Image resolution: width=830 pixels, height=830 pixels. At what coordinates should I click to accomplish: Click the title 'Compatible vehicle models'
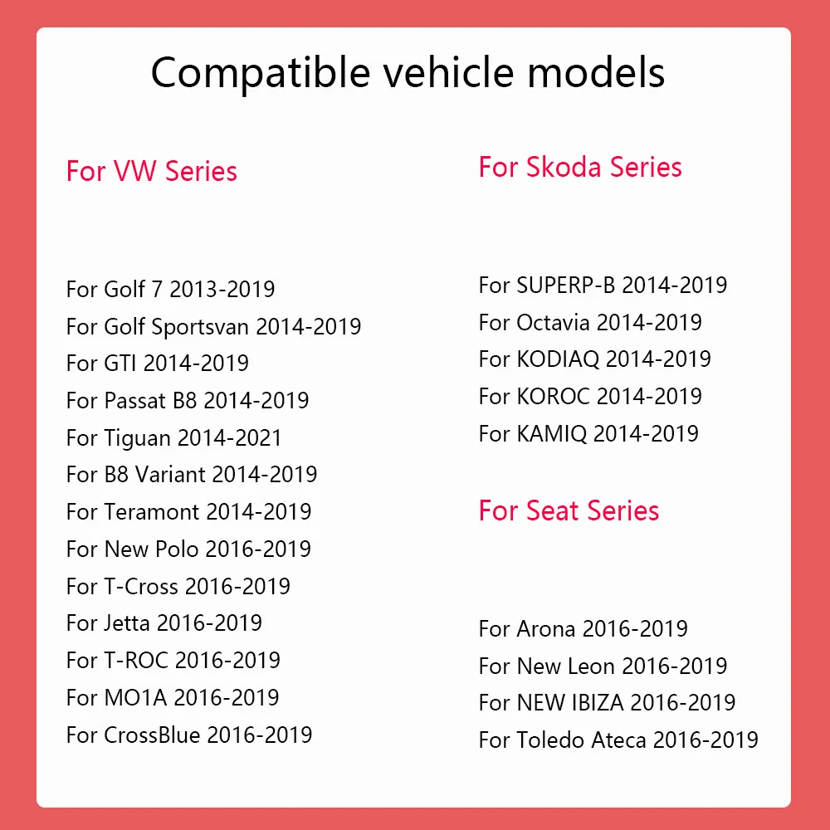[408, 73]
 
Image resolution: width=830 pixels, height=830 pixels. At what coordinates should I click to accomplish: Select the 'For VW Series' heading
[151, 171]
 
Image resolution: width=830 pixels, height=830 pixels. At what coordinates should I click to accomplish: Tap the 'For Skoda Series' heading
[580, 168]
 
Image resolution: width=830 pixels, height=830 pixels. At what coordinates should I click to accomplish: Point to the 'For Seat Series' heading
[569, 510]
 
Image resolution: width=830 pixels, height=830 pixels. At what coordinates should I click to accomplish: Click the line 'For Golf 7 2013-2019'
[170, 289]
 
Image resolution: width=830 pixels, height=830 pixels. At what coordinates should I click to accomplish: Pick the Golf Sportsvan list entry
[214, 326]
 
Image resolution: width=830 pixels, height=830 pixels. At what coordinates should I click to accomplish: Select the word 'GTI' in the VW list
[120, 364]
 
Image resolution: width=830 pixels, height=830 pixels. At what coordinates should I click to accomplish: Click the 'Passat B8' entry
[188, 400]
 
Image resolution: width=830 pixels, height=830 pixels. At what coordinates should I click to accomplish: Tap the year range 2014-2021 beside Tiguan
[229, 437]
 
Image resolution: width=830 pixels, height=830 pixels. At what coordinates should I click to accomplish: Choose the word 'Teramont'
[151, 512]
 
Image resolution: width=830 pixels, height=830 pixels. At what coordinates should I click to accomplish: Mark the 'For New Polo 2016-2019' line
[189, 549]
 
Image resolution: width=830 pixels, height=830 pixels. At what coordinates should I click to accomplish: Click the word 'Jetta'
[127, 623]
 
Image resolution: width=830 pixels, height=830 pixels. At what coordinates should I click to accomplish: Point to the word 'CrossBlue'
[153, 735]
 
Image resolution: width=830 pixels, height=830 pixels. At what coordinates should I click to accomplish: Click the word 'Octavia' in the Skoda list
[553, 322]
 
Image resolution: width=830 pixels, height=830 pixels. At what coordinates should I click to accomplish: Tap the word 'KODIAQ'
[558, 359]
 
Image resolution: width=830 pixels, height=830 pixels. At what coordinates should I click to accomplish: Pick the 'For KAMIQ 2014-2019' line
[588, 433]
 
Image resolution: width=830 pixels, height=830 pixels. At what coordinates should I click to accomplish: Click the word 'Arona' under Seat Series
[546, 629]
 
